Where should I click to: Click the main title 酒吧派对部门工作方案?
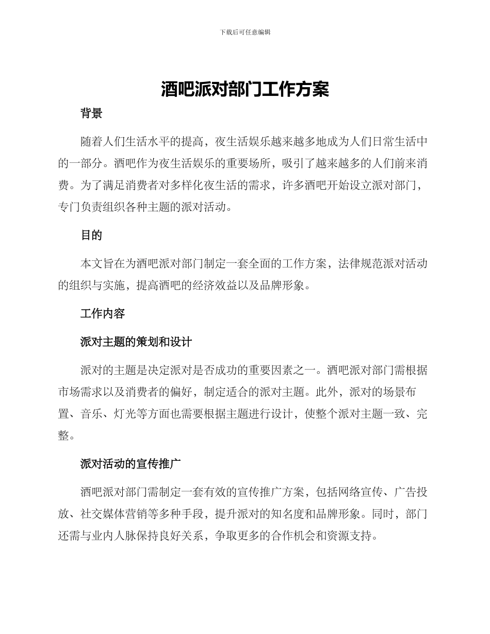click(x=245, y=89)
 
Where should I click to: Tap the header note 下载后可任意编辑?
click(x=245, y=32)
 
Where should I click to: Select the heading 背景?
click(x=91, y=114)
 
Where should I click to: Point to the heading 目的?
click(x=91, y=236)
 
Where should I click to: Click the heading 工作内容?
click(x=103, y=313)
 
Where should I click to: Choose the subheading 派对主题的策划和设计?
click(x=136, y=342)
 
